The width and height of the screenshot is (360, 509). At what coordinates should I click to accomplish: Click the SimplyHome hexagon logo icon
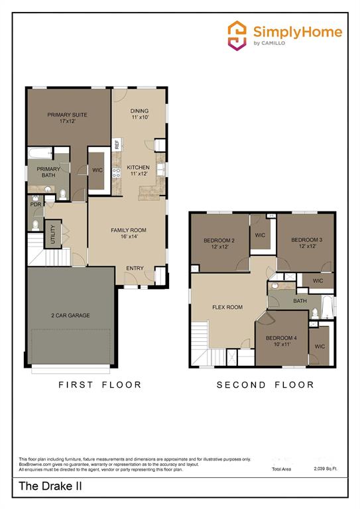(x=237, y=35)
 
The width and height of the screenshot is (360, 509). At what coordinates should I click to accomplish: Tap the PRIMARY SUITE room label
(x=67, y=118)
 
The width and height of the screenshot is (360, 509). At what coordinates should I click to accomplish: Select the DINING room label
(x=139, y=113)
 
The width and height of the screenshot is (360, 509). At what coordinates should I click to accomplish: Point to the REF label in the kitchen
(x=117, y=143)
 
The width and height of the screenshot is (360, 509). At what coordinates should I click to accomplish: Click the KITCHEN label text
(x=139, y=170)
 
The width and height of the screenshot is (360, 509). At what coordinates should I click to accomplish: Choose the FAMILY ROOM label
(x=128, y=233)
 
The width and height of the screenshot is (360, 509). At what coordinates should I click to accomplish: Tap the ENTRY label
(x=135, y=268)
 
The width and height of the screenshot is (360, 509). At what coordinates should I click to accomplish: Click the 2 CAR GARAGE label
(x=70, y=315)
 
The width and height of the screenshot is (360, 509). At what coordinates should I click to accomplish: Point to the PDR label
(x=35, y=205)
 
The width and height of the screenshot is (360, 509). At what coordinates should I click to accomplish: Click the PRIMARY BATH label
(x=48, y=172)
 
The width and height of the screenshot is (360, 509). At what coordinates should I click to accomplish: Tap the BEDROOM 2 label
(x=219, y=243)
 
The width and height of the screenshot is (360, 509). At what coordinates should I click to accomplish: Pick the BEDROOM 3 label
(x=307, y=243)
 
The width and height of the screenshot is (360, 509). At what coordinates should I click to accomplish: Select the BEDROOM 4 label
(x=281, y=341)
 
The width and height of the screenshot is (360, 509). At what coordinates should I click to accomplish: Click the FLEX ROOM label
(x=227, y=307)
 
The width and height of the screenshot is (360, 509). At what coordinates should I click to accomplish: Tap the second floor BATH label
(x=300, y=300)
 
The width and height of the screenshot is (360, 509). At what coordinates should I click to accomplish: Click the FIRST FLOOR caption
(x=99, y=384)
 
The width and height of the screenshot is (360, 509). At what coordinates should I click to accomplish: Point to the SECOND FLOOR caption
(x=265, y=384)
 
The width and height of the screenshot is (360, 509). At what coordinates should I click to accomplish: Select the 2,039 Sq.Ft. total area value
(x=325, y=469)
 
